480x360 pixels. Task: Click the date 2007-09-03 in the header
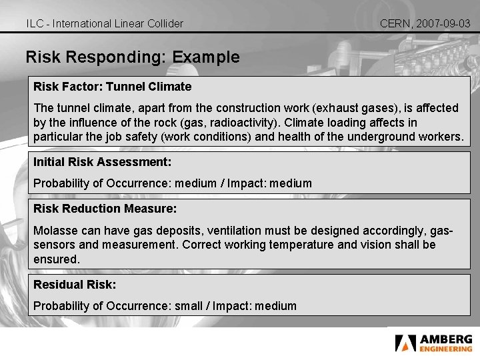coord(444,23)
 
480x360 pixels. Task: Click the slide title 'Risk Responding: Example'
coord(133,57)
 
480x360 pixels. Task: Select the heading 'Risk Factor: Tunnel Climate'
coord(113,87)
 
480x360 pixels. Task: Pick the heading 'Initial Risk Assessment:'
coord(103,162)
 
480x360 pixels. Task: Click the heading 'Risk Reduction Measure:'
coord(105,209)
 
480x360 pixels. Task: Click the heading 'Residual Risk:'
coord(75,285)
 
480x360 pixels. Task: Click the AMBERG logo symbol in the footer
coord(405,343)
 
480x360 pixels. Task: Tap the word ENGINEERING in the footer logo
coord(445,349)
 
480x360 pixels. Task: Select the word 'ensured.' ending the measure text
coord(56,259)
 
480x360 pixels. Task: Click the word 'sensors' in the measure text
coord(54,245)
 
